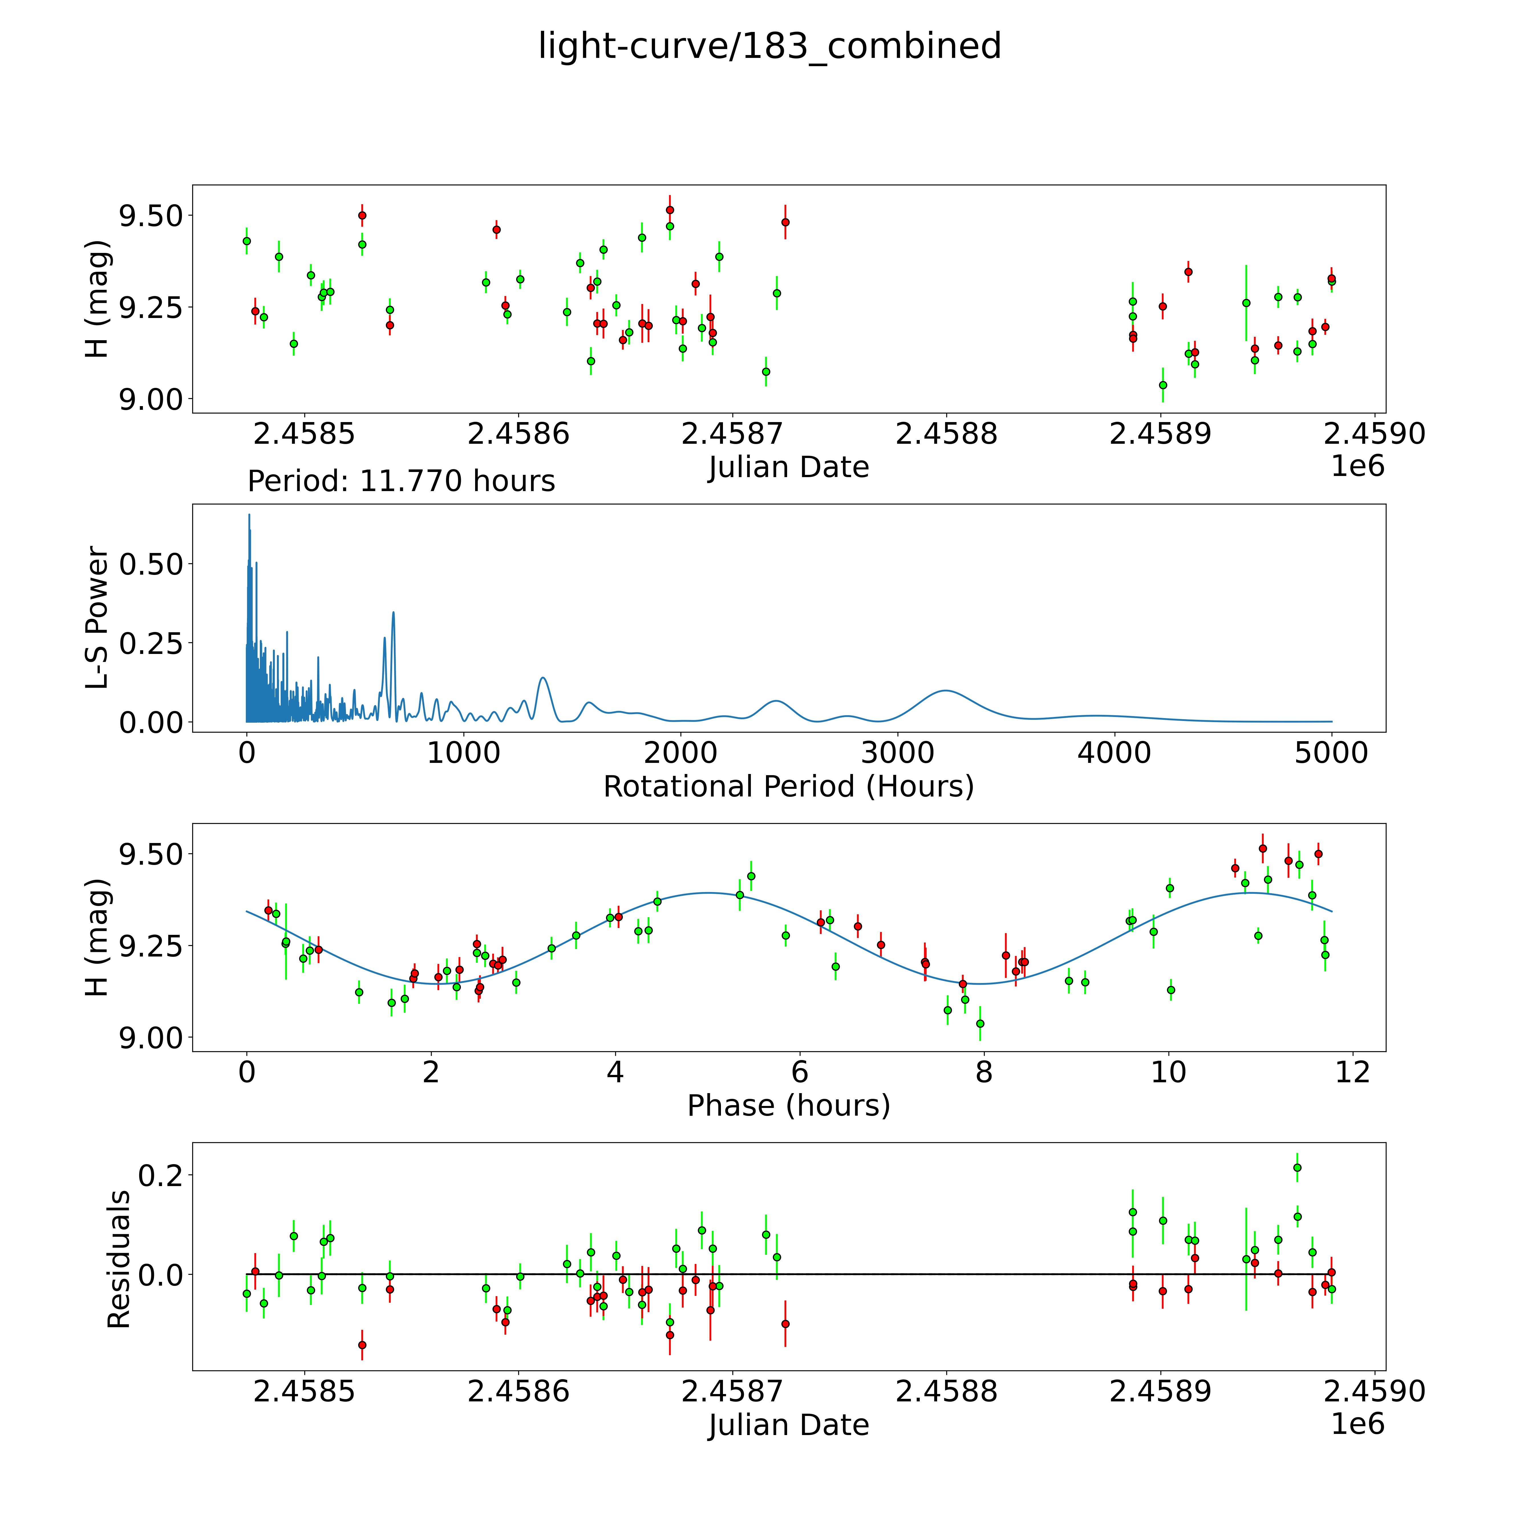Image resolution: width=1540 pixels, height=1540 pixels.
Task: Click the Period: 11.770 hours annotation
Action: point(401,481)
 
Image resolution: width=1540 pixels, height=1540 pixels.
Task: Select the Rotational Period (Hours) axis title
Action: point(788,787)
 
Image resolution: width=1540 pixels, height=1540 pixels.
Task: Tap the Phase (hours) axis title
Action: point(788,1106)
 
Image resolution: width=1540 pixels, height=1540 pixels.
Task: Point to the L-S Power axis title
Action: point(97,618)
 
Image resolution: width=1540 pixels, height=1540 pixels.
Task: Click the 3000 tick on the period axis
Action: point(897,753)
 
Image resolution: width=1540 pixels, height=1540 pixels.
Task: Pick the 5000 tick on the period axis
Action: point(1331,753)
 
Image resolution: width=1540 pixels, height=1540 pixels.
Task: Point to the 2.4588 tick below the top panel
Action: point(946,434)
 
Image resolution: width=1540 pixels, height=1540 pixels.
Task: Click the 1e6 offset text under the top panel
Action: point(1357,466)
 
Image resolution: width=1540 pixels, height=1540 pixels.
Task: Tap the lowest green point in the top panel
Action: point(1162,385)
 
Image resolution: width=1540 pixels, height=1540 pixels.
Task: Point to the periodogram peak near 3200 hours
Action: point(945,690)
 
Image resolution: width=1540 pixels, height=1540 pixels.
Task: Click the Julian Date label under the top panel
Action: point(788,467)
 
